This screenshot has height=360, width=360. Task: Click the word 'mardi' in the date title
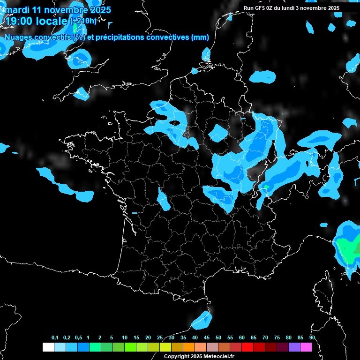pos(17,10)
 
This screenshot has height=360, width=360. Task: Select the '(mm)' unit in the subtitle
pos(200,37)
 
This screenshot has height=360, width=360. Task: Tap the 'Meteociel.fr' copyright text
pos(217,356)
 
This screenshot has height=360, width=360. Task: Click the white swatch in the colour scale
pos(48,347)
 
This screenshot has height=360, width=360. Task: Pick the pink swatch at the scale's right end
pos(306,347)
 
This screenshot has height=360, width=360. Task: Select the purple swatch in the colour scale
pos(294,347)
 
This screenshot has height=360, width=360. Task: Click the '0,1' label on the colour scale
pos(55,337)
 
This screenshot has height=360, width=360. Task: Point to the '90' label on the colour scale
pos(312,337)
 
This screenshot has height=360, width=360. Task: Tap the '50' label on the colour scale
pos(218,337)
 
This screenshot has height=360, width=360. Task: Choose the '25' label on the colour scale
pos(160,337)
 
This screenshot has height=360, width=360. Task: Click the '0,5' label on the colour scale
pos(78,337)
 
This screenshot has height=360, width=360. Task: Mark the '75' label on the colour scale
pos(277,337)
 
